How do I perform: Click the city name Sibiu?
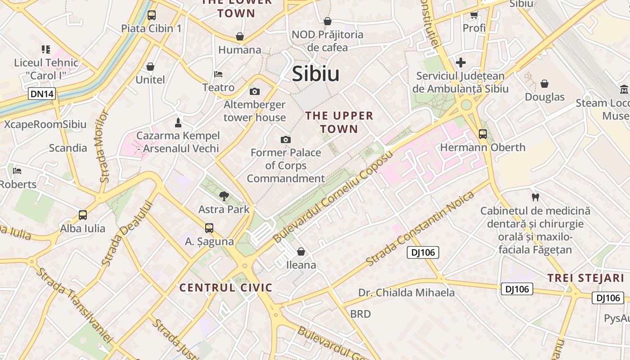(x=315, y=74)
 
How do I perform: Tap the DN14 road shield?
(x=42, y=94)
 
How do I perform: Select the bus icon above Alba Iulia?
(x=83, y=215)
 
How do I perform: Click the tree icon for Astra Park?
(x=224, y=196)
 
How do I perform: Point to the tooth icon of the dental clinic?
(x=535, y=197)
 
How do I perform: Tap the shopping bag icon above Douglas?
(x=544, y=84)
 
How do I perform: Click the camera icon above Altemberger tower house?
(x=255, y=92)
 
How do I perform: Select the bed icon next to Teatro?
(x=218, y=74)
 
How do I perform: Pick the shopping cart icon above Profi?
(x=474, y=15)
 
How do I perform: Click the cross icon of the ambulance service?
(x=460, y=63)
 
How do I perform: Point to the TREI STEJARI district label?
(x=585, y=278)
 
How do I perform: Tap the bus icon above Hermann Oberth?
(x=483, y=134)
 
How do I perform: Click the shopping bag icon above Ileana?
(x=301, y=252)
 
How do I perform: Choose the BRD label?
(x=360, y=314)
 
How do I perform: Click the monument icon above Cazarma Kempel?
(x=178, y=122)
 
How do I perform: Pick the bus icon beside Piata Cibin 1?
(x=152, y=15)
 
